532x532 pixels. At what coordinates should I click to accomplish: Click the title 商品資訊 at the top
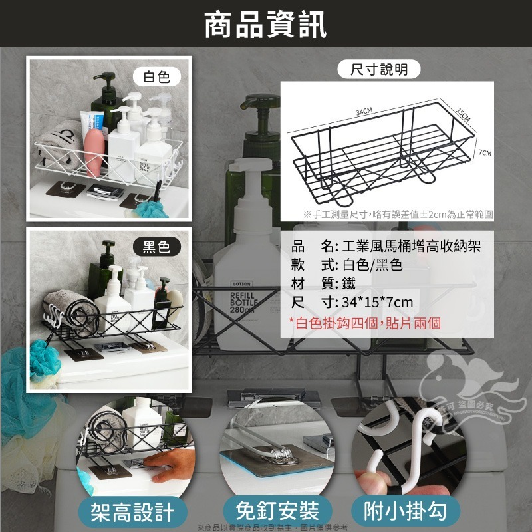pyautogui.click(x=265, y=26)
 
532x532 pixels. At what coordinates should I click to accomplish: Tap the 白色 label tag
pyautogui.click(x=157, y=76)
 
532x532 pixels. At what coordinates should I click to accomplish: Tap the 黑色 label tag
pyautogui.click(x=157, y=247)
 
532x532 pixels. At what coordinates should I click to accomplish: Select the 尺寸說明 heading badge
pyautogui.click(x=379, y=69)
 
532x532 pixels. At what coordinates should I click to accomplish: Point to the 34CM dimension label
pyautogui.click(x=364, y=110)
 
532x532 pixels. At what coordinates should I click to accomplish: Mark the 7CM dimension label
pyautogui.click(x=485, y=153)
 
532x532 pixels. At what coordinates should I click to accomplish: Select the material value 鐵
pyautogui.click(x=349, y=284)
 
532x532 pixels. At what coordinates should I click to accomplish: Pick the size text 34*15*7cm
pyautogui.click(x=377, y=303)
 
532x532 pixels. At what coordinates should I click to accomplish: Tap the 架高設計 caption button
pyautogui.click(x=133, y=511)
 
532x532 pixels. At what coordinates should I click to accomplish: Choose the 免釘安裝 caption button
pyautogui.click(x=277, y=511)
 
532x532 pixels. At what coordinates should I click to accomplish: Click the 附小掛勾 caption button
pyautogui.click(x=412, y=511)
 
